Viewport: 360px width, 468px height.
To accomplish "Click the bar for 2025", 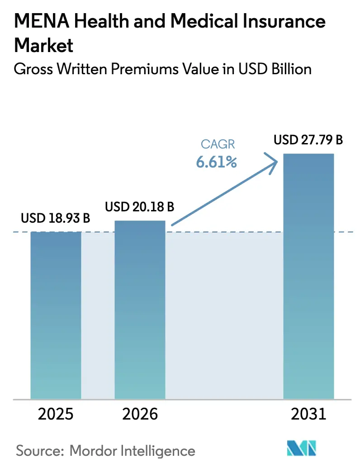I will [x=56, y=315].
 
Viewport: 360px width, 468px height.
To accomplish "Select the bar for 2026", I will [x=140, y=310].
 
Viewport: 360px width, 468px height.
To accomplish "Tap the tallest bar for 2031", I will [x=309, y=276].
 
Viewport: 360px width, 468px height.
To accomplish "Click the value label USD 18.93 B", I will [x=56, y=219].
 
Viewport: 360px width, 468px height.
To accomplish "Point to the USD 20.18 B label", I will [x=140, y=207].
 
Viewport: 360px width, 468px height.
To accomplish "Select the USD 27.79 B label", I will [x=308, y=140].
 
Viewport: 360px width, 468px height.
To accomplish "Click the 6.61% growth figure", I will [x=216, y=162].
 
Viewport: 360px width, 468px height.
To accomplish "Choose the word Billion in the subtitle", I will [x=289, y=69].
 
